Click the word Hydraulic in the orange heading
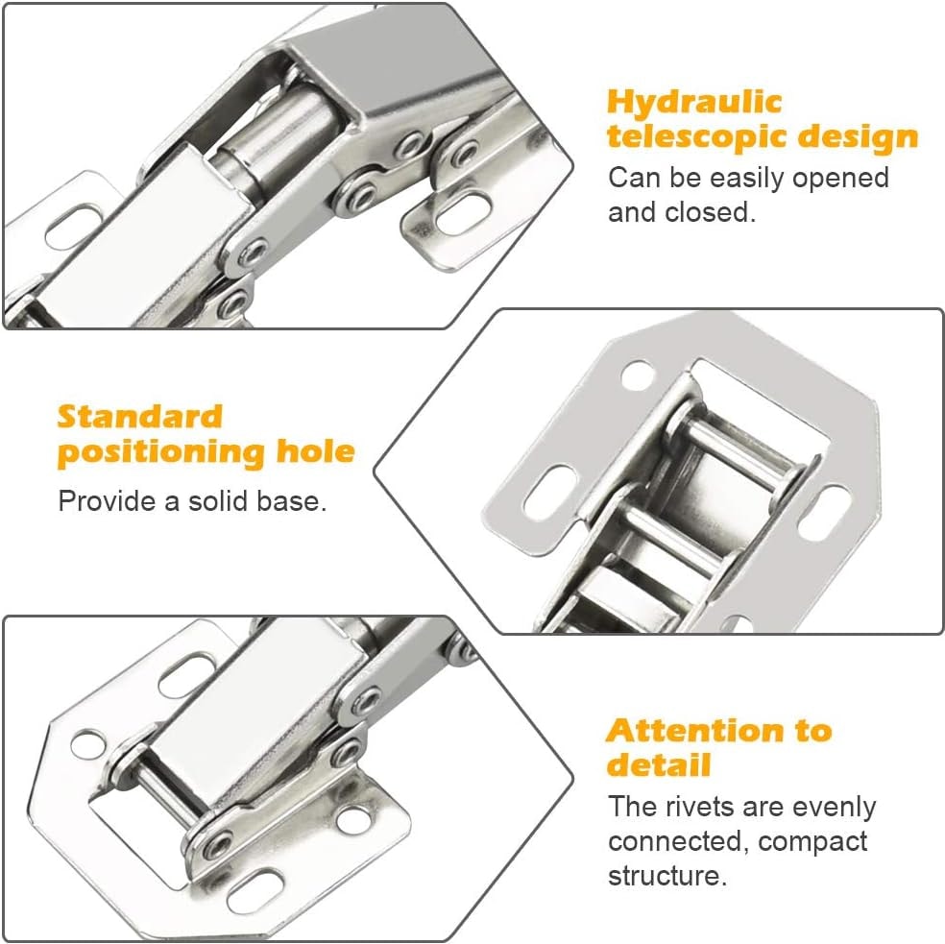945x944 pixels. pos(693,103)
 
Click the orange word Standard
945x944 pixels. pos(140,417)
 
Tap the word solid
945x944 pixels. pos(219,501)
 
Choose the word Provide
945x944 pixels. pos(106,501)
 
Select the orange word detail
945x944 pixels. pos(659,764)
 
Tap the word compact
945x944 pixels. pos(812,842)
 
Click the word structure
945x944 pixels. pos(667,876)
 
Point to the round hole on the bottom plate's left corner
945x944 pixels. pos(88,744)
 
